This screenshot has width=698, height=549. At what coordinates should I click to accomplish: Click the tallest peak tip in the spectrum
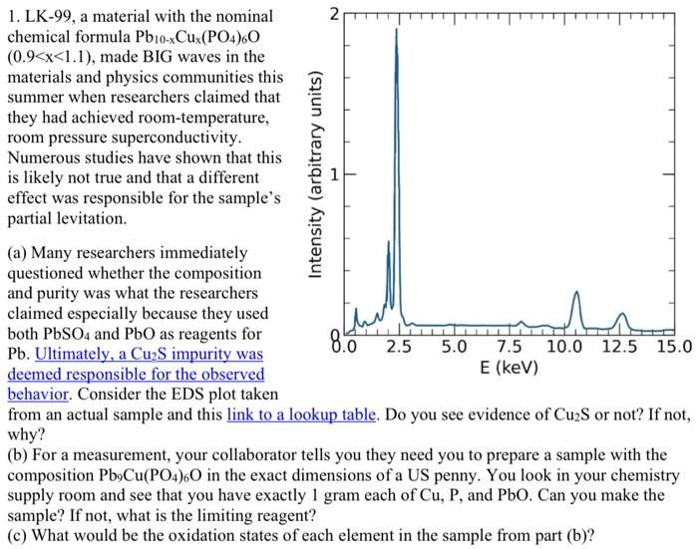click(x=396, y=30)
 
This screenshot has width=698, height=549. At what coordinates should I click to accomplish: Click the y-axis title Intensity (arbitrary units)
click(x=316, y=173)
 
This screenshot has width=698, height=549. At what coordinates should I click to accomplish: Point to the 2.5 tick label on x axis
click(x=399, y=349)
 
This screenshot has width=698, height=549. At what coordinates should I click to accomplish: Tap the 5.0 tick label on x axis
click(x=454, y=349)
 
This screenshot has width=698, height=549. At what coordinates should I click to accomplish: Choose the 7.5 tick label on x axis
click(x=509, y=349)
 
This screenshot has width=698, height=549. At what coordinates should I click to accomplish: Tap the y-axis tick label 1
click(x=335, y=175)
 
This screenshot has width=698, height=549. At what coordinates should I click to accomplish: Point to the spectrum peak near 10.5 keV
click(x=575, y=293)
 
